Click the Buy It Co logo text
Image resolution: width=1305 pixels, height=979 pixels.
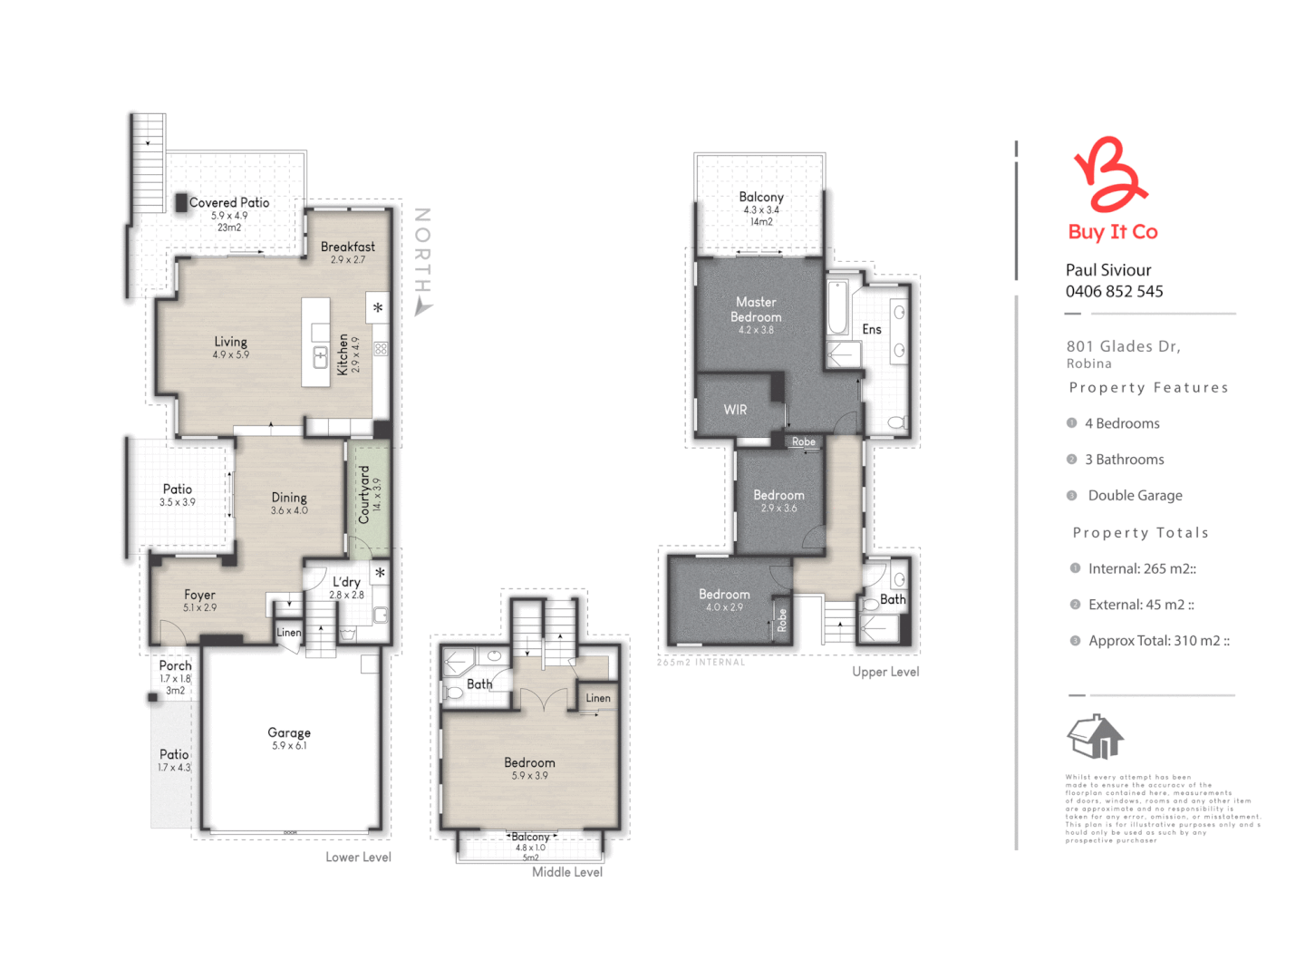click(x=1113, y=232)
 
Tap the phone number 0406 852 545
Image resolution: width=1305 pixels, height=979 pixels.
click(x=1114, y=292)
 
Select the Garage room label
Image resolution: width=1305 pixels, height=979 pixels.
click(x=289, y=732)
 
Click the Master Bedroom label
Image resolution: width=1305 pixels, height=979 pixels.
click(x=756, y=309)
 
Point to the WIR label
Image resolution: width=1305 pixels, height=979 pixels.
click(x=735, y=410)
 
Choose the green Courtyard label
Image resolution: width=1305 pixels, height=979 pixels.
click(x=364, y=495)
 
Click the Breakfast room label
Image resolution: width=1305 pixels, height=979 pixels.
click(x=347, y=247)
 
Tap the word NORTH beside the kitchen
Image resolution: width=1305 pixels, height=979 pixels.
click(x=421, y=250)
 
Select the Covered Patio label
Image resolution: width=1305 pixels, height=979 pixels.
click(x=229, y=203)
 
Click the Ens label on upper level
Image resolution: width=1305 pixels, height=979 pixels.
click(x=872, y=329)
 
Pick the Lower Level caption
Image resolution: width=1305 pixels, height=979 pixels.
click(x=358, y=857)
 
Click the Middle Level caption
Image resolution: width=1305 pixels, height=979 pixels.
click(x=567, y=872)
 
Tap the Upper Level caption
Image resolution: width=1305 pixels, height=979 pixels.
click(x=885, y=672)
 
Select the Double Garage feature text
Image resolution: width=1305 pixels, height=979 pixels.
click(x=1135, y=496)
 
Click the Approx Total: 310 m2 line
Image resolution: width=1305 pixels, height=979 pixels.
click(x=1158, y=641)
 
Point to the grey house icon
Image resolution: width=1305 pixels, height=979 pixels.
click(x=1096, y=736)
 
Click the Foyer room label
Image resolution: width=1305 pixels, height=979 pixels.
click(x=199, y=596)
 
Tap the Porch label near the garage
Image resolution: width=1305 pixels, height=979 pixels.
click(x=175, y=665)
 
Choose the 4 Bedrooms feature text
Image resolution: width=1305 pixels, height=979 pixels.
click(x=1122, y=423)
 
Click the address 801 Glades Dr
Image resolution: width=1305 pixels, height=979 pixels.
click(x=1123, y=346)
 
